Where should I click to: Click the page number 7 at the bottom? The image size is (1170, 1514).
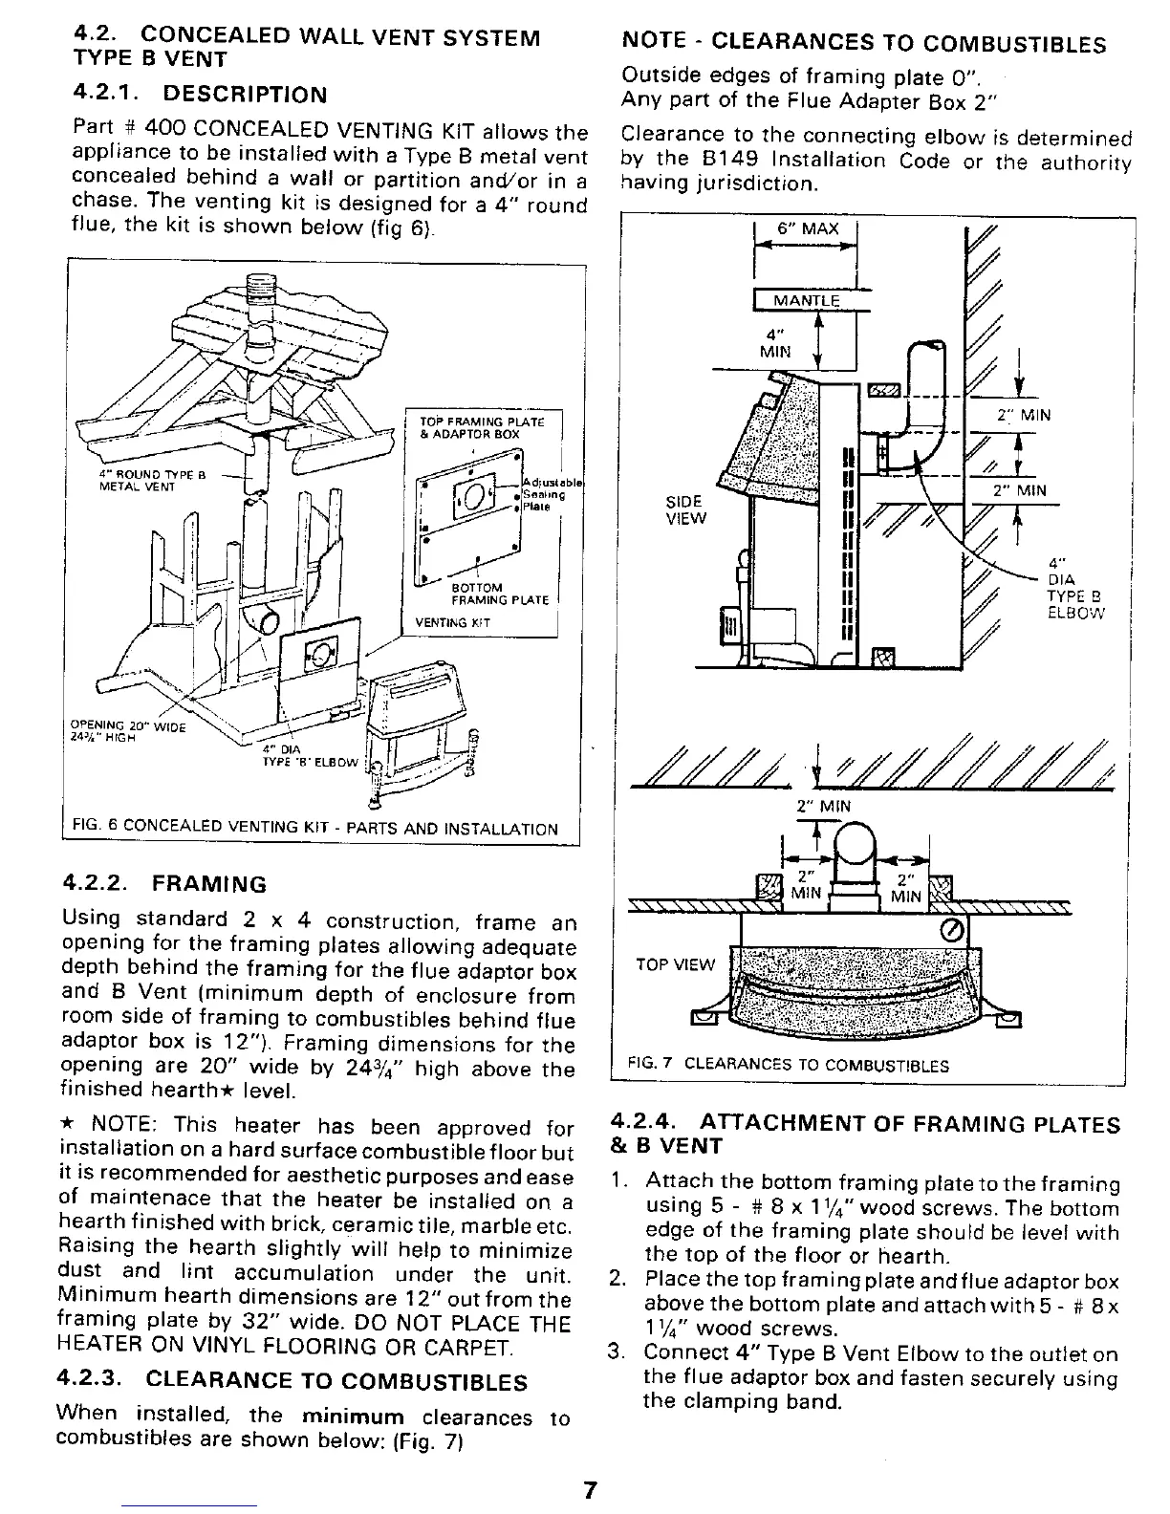pyautogui.click(x=590, y=1490)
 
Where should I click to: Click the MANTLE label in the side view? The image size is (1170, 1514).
pyautogui.click(x=806, y=300)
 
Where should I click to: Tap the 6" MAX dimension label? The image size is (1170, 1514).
pyautogui.click(x=807, y=228)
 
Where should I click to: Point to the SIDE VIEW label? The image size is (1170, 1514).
pyautogui.click(x=685, y=510)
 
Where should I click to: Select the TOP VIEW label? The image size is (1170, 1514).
pyautogui.click(x=676, y=964)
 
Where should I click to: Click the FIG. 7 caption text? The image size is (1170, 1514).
pyautogui.click(x=788, y=1065)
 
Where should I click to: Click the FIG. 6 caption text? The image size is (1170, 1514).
pyautogui.click(x=315, y=828)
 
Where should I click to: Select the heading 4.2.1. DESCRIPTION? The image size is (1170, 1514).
pyautogui.click(x=200, y=95)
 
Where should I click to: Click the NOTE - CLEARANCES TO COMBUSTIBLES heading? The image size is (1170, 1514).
pyautogui.click(x=863, y=43)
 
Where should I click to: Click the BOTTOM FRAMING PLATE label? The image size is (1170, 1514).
pyautogui.click(x=499, y=594)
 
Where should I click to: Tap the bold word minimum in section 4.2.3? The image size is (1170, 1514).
pyautogui.click(x=352, y=1416)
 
